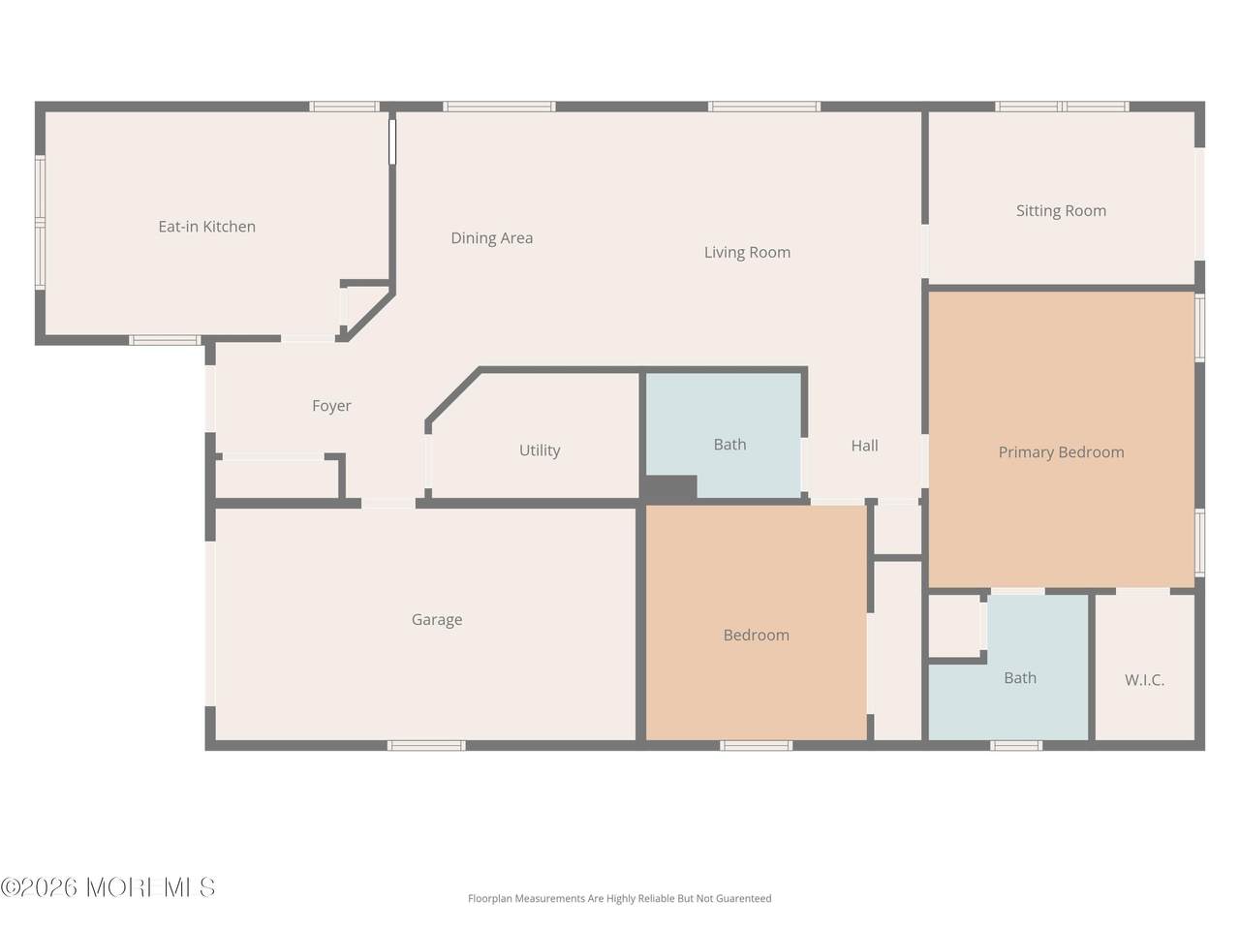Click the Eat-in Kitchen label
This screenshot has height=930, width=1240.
pos(206,227)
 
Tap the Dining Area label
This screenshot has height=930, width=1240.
pos(491,238)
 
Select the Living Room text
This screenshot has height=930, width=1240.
pos(747,253)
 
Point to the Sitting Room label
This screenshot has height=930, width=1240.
pos(1061,211)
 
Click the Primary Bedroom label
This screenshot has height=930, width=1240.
pos(1061,452)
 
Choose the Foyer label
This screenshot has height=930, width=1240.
pos(331,406)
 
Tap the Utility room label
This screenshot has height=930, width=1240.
pos(540,450)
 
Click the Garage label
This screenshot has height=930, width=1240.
pos(437,620)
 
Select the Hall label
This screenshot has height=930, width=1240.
pos(864,446)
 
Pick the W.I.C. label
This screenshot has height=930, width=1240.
pos(1144,680)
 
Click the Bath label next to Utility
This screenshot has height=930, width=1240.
pos(729,445)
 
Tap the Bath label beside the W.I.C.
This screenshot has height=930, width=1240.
pos(1020,678)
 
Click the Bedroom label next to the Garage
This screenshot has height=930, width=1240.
pos(756,635)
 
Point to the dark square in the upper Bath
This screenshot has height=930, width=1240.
pos(671,487)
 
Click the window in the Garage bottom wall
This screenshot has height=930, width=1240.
pos(426,746)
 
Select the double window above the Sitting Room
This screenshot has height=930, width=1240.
pos(1062,107)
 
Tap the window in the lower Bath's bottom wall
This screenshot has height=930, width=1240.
pos(1016,746)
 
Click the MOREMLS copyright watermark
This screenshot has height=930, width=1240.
pos(108,887)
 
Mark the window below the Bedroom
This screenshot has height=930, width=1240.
pos(756,746)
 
